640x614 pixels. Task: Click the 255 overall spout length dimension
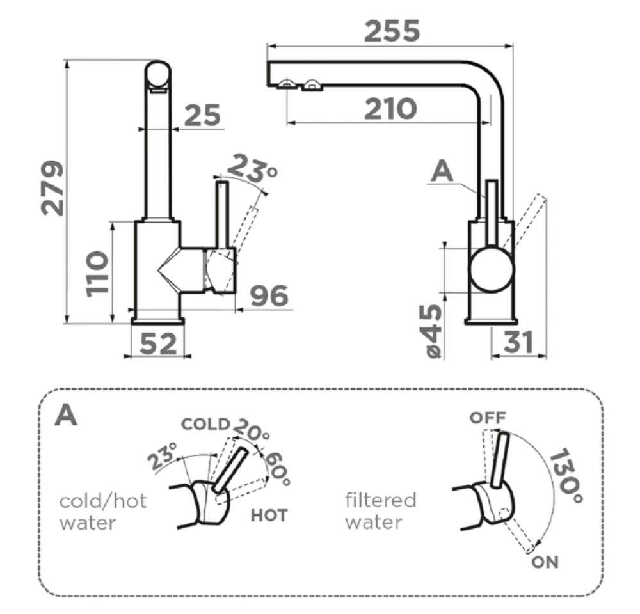point(392,30)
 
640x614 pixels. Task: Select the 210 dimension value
point(390,109)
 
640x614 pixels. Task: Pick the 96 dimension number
point(269,296)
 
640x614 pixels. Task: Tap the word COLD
point(205,424)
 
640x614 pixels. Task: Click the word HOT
point(269,516)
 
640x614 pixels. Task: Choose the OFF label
point(488,418)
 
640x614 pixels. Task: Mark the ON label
point(545,562)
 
